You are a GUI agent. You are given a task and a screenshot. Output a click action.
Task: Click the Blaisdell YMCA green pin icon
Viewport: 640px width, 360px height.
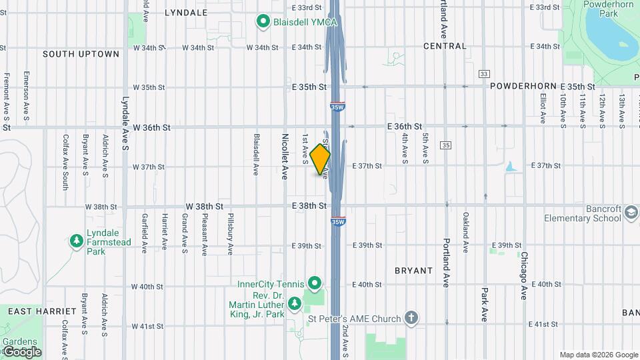[263, 22]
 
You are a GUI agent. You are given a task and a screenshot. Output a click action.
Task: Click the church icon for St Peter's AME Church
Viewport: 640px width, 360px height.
[412, 318]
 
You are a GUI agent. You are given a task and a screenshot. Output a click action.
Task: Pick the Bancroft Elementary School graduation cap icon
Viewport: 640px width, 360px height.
[630, 213]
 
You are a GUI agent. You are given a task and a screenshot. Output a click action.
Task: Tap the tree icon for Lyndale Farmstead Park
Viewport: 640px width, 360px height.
[77, 240]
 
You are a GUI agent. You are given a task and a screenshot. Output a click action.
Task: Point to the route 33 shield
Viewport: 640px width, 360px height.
[484, 74]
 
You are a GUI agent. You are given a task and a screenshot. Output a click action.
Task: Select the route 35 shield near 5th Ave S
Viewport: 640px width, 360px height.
[446, 145]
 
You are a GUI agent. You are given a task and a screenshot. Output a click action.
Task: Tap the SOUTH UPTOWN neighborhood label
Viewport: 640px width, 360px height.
[81, 54]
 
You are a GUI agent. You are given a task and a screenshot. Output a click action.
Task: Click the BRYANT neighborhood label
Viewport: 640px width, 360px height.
[413, 271]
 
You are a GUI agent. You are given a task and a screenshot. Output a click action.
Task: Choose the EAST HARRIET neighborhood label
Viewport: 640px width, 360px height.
[34, 311]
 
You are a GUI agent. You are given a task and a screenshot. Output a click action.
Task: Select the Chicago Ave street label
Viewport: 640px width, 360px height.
[525, 275]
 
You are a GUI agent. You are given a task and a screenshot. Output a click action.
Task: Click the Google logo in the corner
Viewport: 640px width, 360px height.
[21, 351]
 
